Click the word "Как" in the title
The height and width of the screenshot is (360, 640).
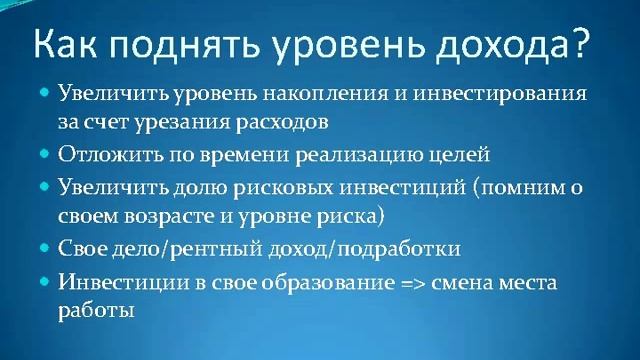(67, 44)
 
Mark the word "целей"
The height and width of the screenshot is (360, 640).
(463, 156)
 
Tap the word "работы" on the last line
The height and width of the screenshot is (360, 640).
(95, 310)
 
